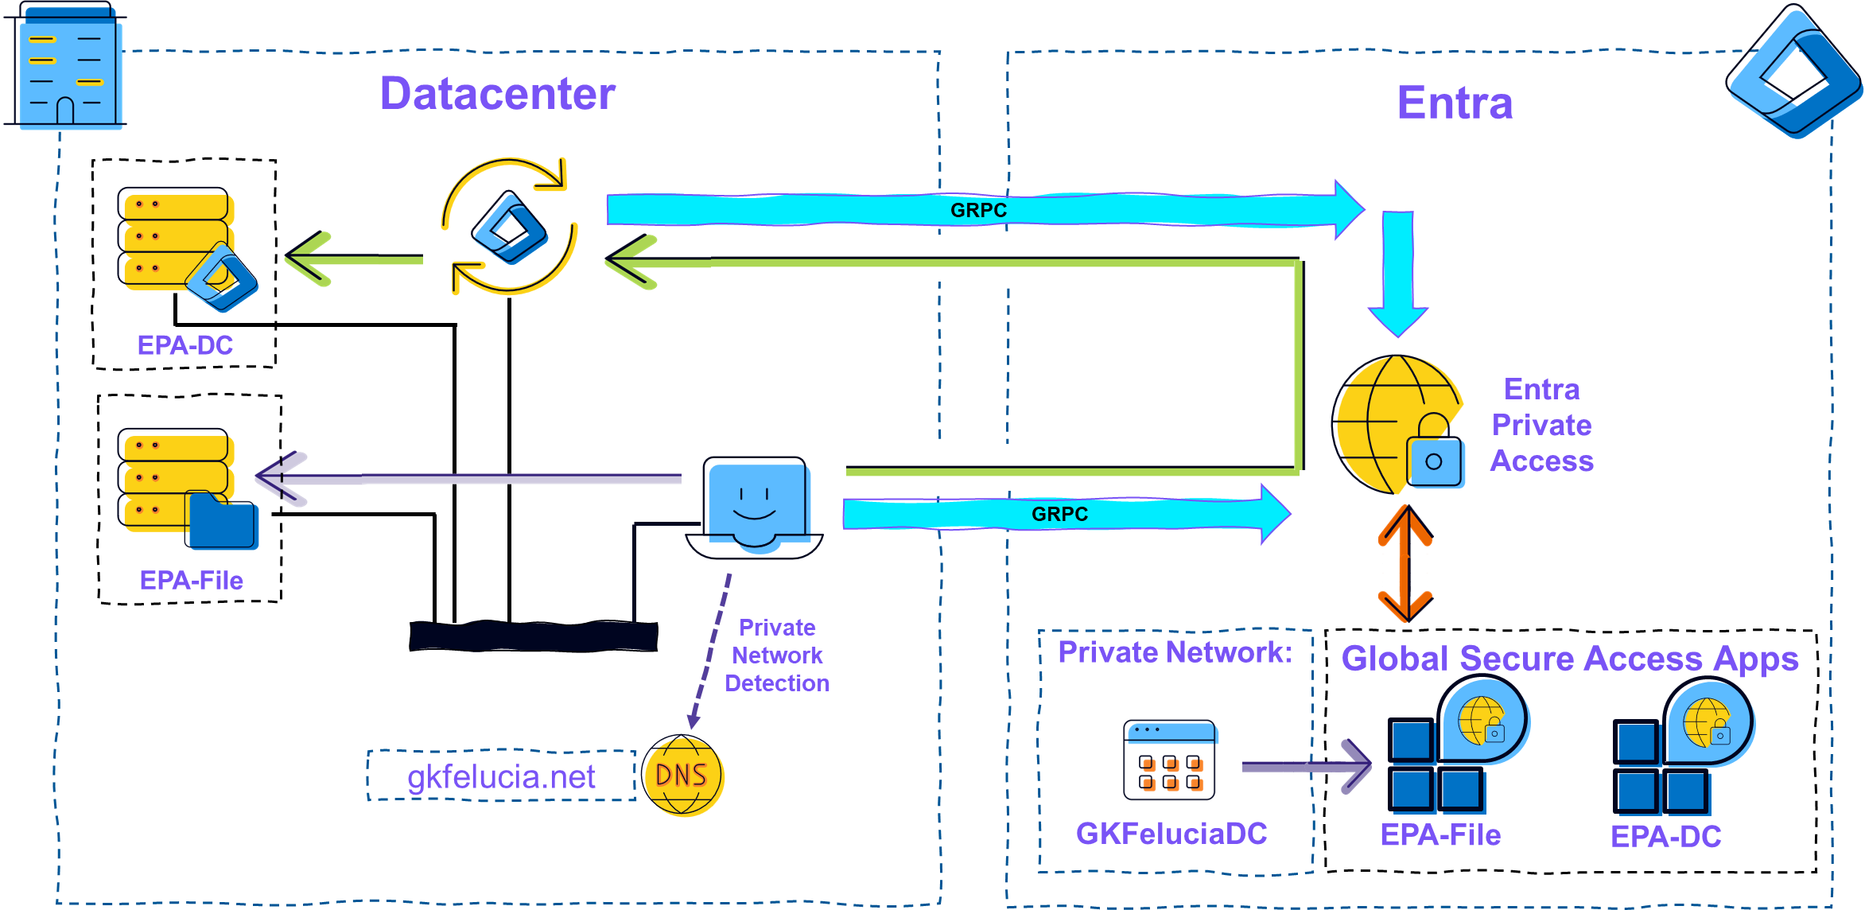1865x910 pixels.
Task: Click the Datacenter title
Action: pos(497,94)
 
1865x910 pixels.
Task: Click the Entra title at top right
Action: pos(1454,103)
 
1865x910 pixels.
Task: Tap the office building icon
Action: pos(70,70)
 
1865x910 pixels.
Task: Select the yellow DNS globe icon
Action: pos(683,776)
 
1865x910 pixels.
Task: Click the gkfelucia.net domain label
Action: pos(501,776)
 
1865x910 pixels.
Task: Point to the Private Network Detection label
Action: pos(776,655)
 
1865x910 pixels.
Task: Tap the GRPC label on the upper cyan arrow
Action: pos(978,210)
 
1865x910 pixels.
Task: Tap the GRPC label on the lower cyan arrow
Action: pos(1059,514)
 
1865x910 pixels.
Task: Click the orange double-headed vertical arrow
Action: pos(1405,564)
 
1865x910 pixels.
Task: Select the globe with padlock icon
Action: pos(1400,426)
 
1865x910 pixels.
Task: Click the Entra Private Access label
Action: pos(1541,425)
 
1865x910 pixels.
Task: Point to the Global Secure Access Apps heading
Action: pos(1569,659)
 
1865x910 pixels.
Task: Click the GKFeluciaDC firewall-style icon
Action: pos(1171,761)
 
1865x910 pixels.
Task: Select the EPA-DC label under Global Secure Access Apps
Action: pos(1665,836)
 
